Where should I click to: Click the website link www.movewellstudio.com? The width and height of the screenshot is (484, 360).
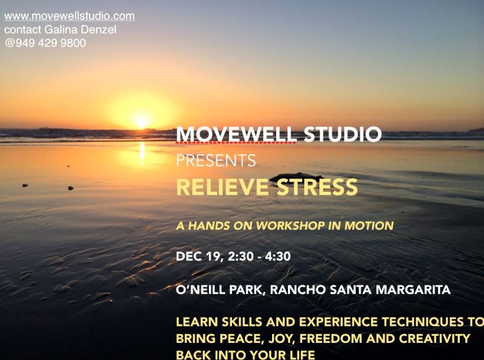(x=70, y=16)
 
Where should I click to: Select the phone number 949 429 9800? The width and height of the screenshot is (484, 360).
(x=49, y=42)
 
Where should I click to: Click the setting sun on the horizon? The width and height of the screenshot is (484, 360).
(x=141, y=122)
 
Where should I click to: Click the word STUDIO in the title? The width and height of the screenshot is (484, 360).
(x=342, y=135)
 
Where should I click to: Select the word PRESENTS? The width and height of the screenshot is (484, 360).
(x=216, y=161)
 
